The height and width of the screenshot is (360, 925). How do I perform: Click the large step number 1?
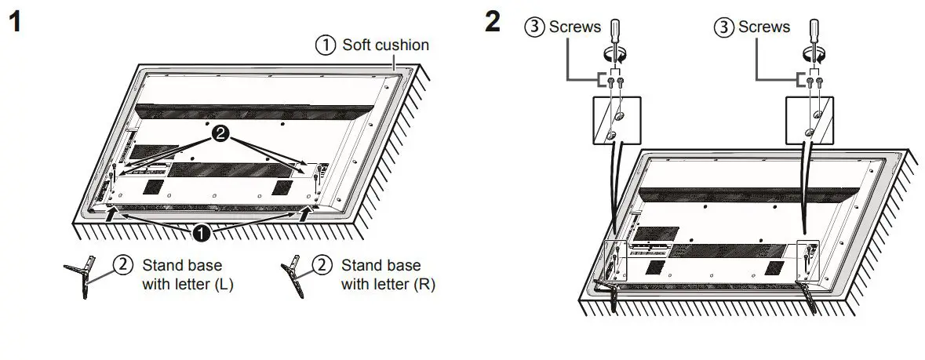[x=14, y=22]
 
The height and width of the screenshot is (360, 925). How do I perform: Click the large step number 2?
[x=492, y=22]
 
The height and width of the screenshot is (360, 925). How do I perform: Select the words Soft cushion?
[x=385, y=45]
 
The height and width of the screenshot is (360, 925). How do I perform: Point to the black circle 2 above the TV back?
[x=222, y=136]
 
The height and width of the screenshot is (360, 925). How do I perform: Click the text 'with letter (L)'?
[x=188, y=284]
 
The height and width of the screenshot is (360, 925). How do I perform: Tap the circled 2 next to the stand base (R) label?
[x=322, y=265]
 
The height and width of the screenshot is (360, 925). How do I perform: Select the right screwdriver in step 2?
[x=813, y=39]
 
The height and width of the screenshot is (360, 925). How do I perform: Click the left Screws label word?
[x=575, y=27]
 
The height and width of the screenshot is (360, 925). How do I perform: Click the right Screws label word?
[x=764, y=27]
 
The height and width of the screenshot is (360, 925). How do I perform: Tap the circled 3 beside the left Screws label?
[x=534, y=27]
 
